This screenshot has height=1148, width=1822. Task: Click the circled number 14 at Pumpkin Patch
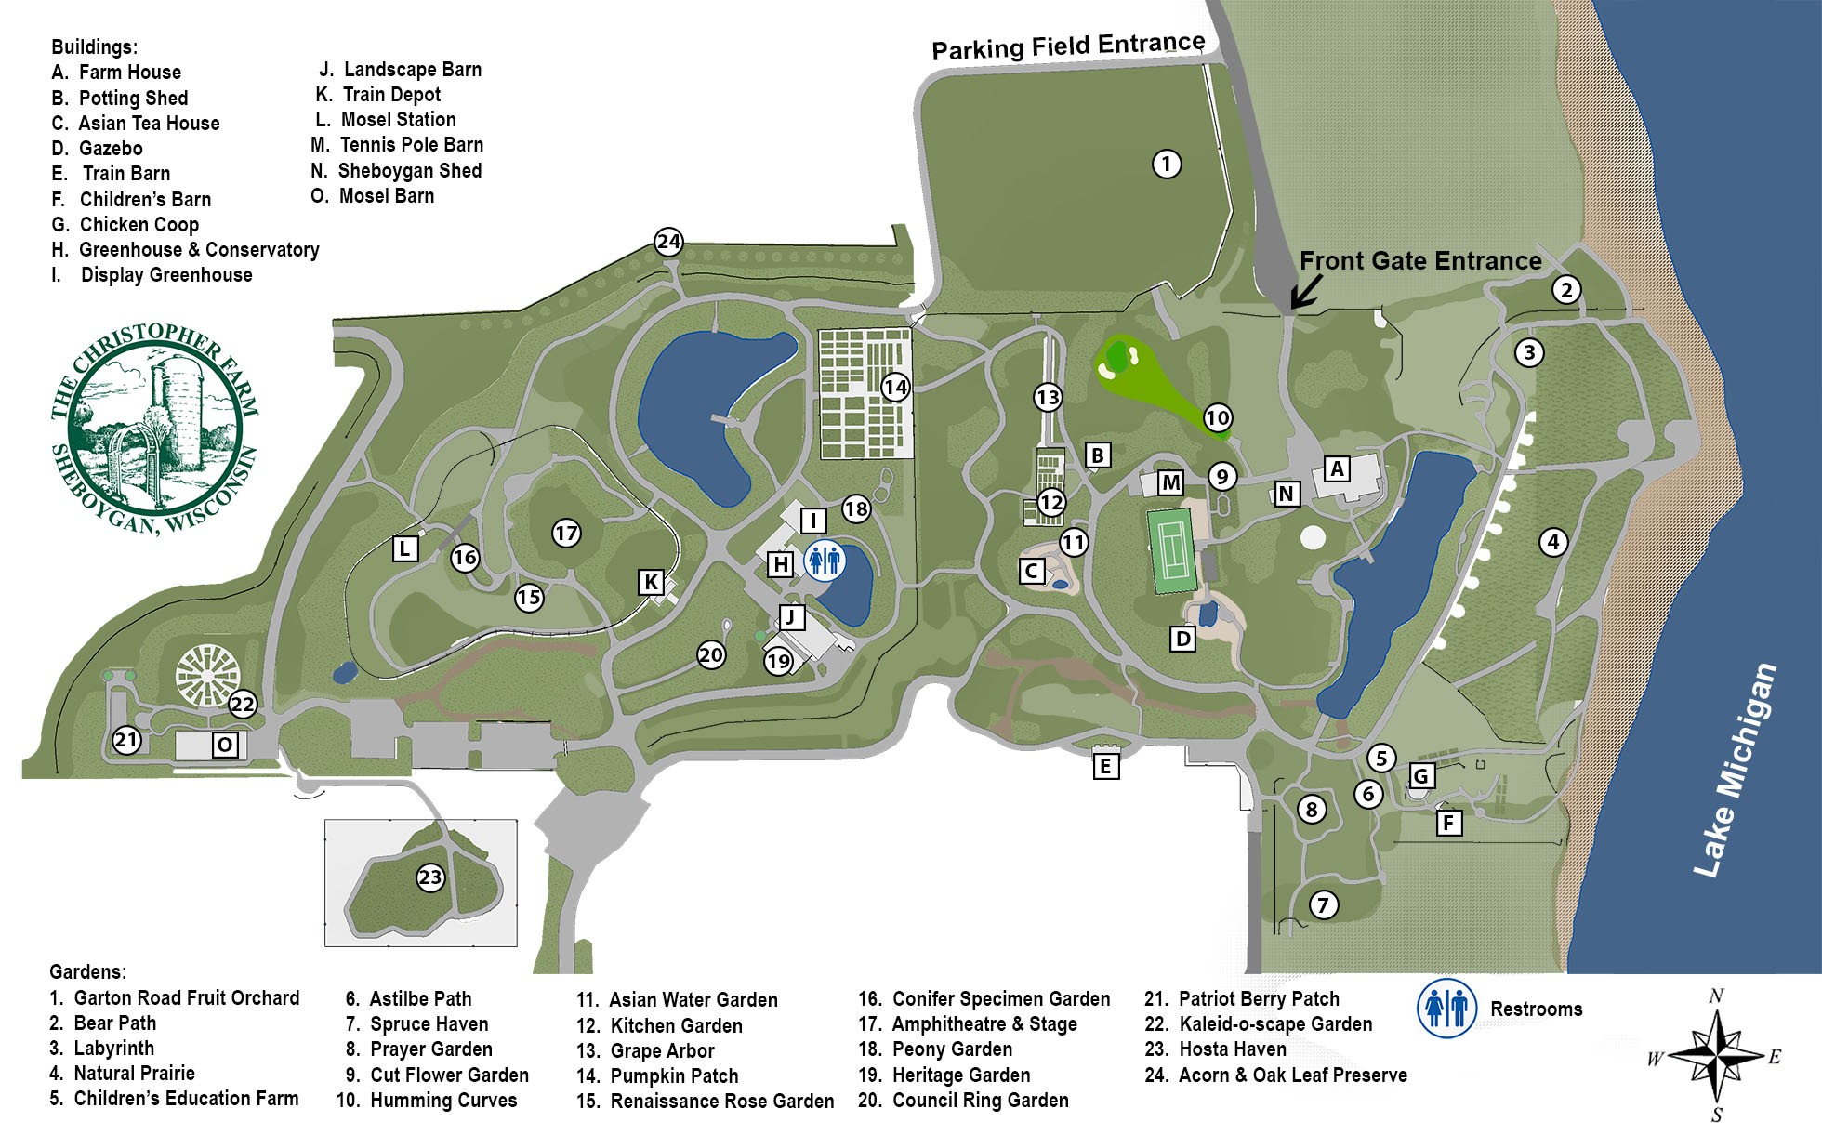(x=895, y=388)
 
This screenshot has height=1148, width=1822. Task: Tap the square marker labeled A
(x=1337, y=468)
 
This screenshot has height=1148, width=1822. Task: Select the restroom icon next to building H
(x=824, y=561)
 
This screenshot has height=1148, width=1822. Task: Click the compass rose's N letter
(x=1716, y=996)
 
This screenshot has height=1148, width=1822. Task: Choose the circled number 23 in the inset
(x=429, y=877)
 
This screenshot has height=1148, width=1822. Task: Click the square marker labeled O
(x=224, y=745)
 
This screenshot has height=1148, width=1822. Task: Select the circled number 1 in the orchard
(x=1167, y=165)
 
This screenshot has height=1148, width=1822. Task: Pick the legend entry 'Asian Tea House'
(x=149, y=123)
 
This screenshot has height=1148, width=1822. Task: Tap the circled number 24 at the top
(x=668, y=243)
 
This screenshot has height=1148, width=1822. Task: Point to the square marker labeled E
(x=1105, y=766)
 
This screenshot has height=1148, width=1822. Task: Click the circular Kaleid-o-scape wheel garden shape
(x=207, y=674)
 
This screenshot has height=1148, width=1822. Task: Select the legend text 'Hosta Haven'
(x=1232, y=1049)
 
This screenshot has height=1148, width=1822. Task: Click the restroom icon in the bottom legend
(x=1446, y=1009)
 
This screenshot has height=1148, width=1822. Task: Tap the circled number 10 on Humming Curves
(x=1218, y=418)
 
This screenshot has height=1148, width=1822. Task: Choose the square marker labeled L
(x=404, y=548)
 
